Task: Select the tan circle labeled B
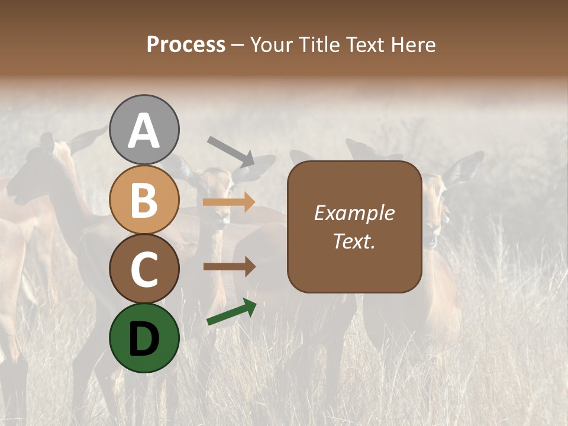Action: pos(144,200)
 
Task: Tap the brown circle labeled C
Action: pos(144,269)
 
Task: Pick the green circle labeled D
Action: pos(144,338)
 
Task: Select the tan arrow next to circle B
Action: pos(229,202)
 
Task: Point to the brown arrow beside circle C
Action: pos(229,266)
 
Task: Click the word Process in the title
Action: pos(186,45)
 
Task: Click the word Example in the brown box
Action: pos(354,213)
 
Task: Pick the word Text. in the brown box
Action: pos(354,241)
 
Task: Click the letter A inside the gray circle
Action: pos(144,131)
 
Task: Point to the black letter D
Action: pos(144,338)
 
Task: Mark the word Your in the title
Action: pos(272,45)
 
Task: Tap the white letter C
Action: pos(144,269)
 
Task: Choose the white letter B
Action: pos(144,200)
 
